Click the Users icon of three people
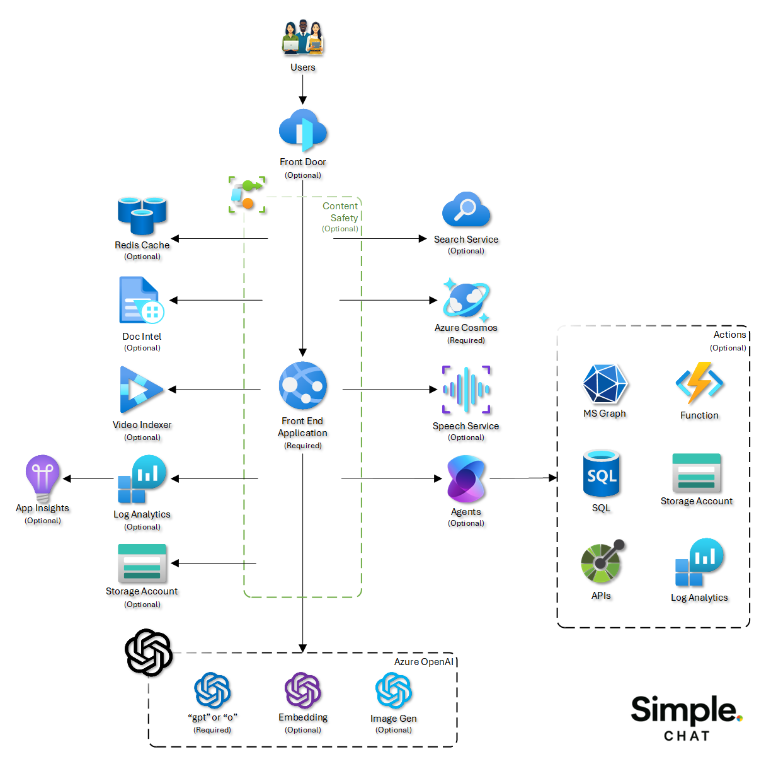(x=303, y=38)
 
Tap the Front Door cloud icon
(x=303, y=130)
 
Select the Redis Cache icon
(x=142, y=216)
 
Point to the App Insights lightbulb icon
(x=43, y=478)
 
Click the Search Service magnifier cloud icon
(x=466, y=210)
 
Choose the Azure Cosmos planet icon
(x=466, y=300)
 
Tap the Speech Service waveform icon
(x=466, y=390)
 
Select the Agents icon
(x=466, y=479)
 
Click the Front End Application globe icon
(x=303, y=386)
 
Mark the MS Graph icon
(x=605, y=384)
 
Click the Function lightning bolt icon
(x=699, y=383)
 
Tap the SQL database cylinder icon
(x=602, y=474)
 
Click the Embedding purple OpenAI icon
(x=303, y=690)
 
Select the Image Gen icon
(x=394, y=690)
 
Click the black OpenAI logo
(x=149, y=652)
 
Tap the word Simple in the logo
(x=683, y=710)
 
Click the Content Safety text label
(x=341, y=212)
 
